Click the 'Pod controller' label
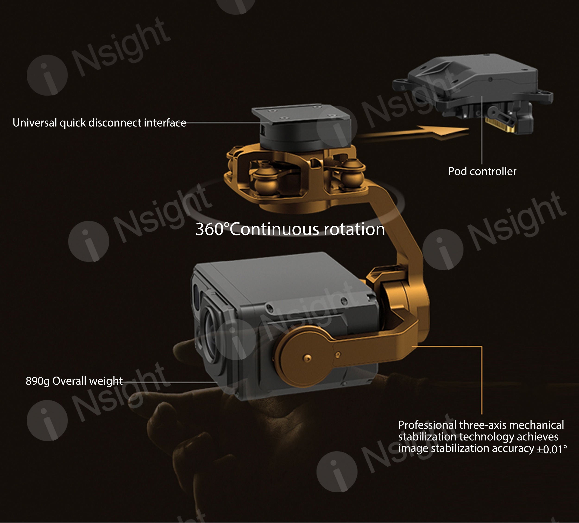coord(482,171)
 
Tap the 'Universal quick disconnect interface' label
coord(99,123)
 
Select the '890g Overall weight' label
coord(74,381)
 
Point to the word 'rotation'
coord(354,229)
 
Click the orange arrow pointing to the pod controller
coord(414,133)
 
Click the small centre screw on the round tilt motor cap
coord(307,358)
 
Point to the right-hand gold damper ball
coord(352,174)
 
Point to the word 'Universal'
coord(35,123)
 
